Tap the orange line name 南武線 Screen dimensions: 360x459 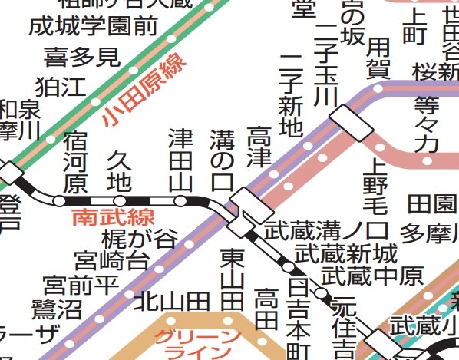[113, 216]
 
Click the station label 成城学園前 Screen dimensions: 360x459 [92, 26]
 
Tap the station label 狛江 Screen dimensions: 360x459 [61, 86]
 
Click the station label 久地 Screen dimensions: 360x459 [118, 170]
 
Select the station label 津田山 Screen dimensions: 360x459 [180, 160]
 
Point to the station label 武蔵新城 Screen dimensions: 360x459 [347, 253]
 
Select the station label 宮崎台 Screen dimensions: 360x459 [111, 261]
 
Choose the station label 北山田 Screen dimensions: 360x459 [172, 301]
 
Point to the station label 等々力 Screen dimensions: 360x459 [426, 123]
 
